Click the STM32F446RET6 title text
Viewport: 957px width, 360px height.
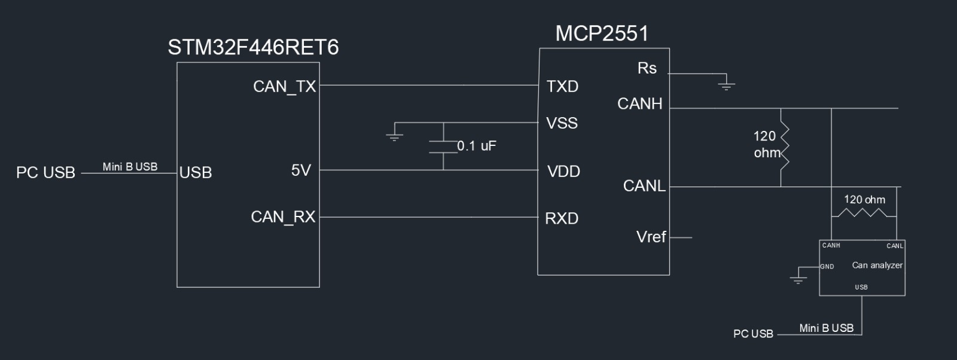(253, 47)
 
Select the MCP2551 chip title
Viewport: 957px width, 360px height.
(602, 33)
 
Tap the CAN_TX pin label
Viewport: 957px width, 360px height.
(284, 87)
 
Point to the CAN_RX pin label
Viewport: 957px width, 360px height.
(283, 216)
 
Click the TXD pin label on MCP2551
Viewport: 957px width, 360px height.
(562, 87)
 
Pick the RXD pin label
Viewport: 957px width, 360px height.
(562, 219)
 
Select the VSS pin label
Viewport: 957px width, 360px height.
(562, 123)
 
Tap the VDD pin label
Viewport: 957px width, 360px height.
(563, 172)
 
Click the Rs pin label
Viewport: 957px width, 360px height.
(647, 68)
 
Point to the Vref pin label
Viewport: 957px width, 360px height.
(651, 237)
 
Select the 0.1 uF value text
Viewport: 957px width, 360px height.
(477, 146)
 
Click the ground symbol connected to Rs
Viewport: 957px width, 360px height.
(726, 84)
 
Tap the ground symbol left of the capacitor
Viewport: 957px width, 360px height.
(394, 135)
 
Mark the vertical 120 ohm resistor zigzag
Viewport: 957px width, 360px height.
(785, 147)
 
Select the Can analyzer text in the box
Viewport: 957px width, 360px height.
(877, 265)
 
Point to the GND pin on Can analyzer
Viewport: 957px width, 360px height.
(827, 267)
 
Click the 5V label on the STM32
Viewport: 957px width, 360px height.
(301, 170)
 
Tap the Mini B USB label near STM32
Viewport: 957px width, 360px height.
(130, 167)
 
